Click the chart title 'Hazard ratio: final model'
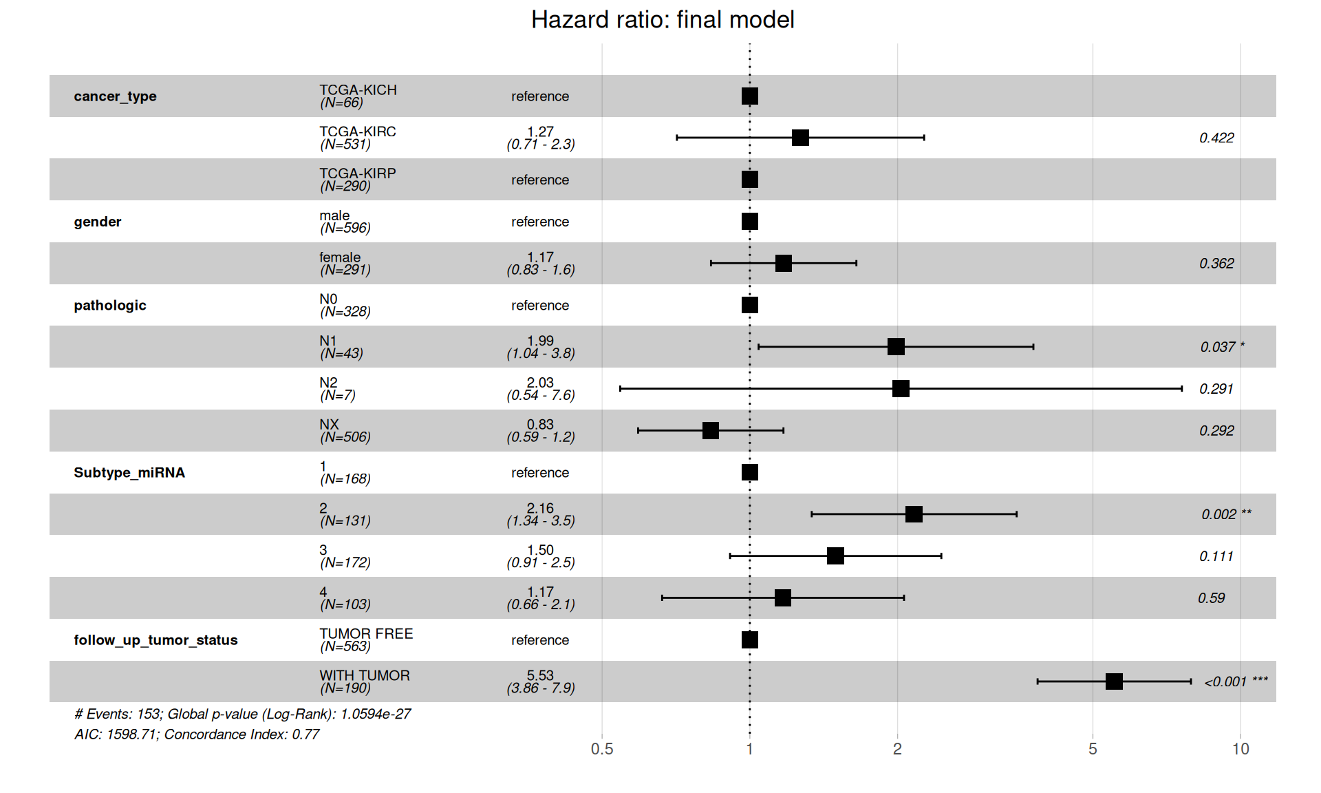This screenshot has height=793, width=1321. [663, 20]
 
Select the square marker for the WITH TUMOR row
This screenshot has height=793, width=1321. [1114, 681]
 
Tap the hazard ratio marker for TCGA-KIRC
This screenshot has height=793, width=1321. [800, 138]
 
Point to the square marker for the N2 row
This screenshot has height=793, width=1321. [901, 389]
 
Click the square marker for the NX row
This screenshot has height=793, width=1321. [711, 431]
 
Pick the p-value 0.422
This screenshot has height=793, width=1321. [1216, 138]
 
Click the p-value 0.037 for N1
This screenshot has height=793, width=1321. [1218, 347]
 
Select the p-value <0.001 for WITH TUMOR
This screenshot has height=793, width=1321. [1225, 681]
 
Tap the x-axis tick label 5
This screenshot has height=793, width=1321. [1093, 749]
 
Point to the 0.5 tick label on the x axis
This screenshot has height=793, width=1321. [602, 749]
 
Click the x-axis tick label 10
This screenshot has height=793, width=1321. [1241, 749]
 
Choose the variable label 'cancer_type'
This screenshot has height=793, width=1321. [115, 96]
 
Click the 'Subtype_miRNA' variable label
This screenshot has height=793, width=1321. [129, 473]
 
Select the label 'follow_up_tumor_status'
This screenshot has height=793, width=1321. [155, 640]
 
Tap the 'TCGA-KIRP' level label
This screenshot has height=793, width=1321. [358, 173]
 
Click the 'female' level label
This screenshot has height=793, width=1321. [340, 257]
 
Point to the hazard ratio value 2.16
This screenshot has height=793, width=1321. [540, 509]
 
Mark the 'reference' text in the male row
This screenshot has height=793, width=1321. [540, 222]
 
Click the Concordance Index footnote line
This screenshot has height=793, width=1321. [197, 734]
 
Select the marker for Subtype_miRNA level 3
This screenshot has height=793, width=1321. [835, 556]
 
